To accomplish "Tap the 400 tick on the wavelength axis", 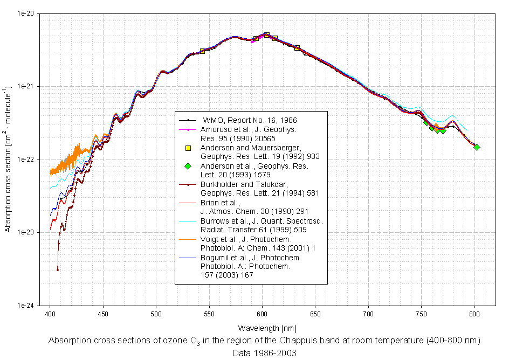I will [50, 313].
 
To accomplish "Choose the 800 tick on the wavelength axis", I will [474, 313].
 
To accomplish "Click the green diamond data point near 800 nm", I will [477, 147].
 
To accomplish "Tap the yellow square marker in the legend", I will [188, 148].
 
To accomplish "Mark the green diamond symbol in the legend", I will [188, 165].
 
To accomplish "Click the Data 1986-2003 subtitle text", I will [264, 352].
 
